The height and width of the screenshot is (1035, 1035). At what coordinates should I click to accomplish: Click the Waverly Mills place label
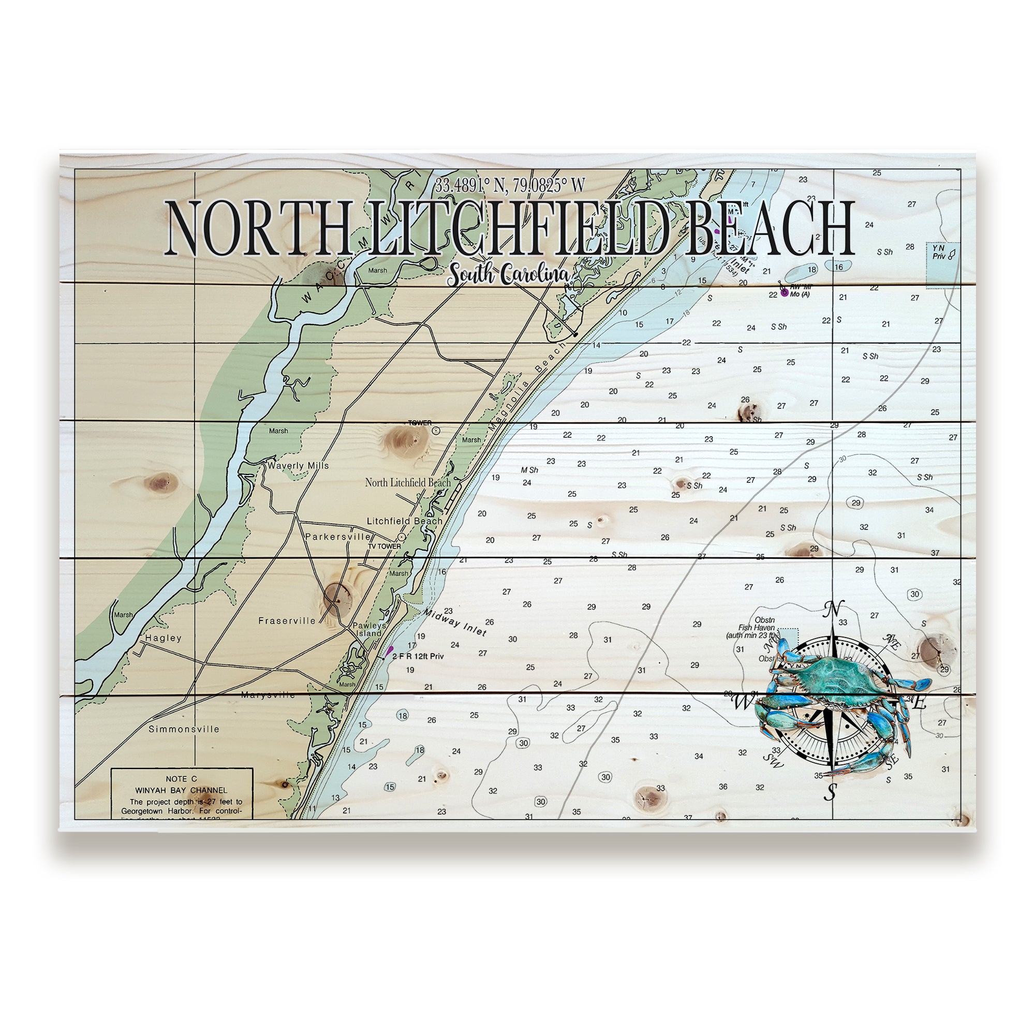298,466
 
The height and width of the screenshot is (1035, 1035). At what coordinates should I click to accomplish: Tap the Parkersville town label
337,536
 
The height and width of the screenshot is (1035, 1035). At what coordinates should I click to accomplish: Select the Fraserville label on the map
287,621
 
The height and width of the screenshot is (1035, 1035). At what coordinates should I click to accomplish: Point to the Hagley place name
164,638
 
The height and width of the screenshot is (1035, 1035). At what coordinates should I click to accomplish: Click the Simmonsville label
184,729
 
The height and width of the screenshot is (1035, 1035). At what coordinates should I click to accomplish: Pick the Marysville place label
268,695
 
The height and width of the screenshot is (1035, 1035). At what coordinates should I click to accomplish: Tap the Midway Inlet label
455,622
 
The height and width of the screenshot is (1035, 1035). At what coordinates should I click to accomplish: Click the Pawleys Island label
369,629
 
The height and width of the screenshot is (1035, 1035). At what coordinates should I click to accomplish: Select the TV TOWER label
384,546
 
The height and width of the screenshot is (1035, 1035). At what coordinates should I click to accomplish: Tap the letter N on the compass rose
831,609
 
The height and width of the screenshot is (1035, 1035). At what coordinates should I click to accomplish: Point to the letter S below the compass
831,792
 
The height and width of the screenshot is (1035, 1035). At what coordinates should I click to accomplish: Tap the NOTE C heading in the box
181,779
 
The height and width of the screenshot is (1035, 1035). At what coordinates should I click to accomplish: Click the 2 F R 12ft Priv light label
418,656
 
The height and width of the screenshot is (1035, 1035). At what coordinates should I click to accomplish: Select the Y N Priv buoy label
939,253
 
